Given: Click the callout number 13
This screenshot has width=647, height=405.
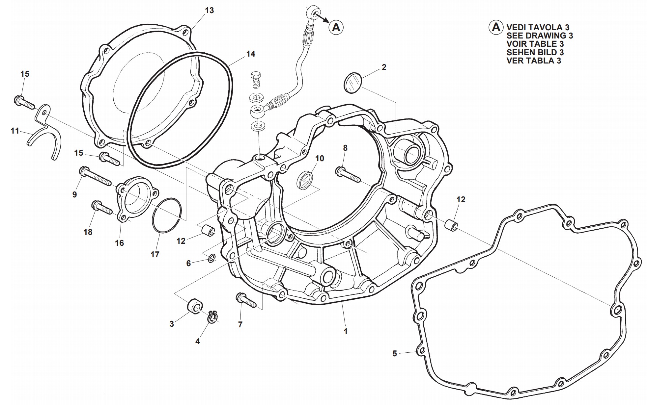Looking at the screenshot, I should [x=209, y=11].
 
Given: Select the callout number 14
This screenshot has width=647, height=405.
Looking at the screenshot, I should [x=251, y=54].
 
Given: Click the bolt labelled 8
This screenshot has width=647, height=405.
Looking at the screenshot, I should [x=348, y=174].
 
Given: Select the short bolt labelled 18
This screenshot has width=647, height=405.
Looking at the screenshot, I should [x=101, y=208].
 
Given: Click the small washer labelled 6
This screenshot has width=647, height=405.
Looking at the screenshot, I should [x=211, y=259].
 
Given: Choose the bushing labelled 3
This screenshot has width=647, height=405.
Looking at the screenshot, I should [x=195, y=306].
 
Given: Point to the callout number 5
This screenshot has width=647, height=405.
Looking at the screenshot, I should [x=395, y=354].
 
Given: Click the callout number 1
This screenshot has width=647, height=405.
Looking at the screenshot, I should [x=346, y=331].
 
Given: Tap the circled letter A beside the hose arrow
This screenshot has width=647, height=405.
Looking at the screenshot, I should [x=336, y=27].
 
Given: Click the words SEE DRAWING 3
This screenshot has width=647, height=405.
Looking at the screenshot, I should [x=540, y=36].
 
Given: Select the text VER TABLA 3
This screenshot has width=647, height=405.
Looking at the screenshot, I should [x=534, y=61].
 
